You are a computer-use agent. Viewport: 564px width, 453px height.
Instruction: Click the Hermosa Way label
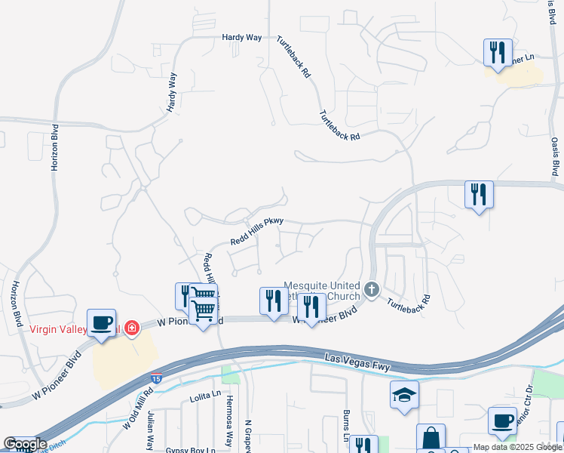click(x=228, y=424)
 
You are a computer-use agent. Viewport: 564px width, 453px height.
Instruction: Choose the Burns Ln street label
click(x=348, y=427)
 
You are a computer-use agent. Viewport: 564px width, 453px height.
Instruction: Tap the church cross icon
click(x=371, y=288)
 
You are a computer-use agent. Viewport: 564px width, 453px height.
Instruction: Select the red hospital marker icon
click(x=132, y=328)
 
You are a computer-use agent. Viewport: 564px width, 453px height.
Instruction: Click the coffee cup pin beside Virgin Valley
click(x=102, y=323)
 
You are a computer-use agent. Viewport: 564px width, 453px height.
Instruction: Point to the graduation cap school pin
click(x=405, y=394)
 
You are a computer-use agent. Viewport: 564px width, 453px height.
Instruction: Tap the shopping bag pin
click(x=431, y=437)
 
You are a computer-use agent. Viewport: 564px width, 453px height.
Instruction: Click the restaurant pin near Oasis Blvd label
click(x=479, y=195)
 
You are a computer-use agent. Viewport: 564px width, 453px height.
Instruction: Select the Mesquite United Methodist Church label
click(x=322, y=291)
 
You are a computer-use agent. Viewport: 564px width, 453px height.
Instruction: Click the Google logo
click(x=25, y=444)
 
